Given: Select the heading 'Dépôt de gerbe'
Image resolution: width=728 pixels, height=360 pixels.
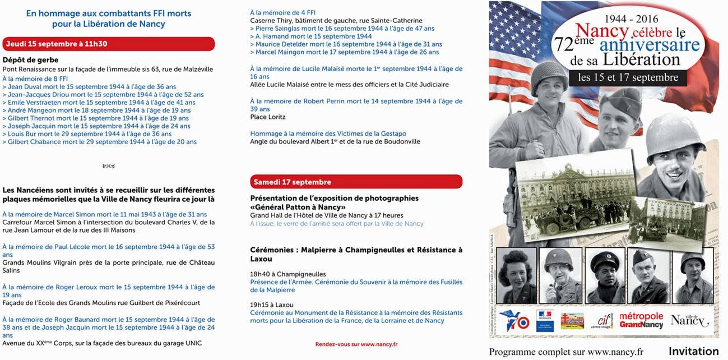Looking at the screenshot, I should point(30,60).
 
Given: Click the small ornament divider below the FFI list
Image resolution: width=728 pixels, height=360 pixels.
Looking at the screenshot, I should point(109,166).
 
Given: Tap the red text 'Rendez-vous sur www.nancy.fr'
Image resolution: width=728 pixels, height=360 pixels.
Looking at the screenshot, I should point(356,344).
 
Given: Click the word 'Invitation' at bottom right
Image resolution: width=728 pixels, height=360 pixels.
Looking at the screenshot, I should point(693,352).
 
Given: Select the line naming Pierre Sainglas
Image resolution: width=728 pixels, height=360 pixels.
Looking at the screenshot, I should point(344,29).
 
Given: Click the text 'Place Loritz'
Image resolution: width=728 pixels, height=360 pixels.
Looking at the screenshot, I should point(267,117).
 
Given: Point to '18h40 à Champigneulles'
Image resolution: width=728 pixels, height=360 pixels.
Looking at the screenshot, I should point(288,274).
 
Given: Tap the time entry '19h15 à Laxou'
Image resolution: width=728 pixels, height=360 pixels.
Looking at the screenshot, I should point(272,304).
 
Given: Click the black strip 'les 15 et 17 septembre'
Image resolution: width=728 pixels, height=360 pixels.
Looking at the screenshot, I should point(628,77).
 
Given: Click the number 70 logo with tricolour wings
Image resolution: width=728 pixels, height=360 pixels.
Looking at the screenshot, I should point(514,321).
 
